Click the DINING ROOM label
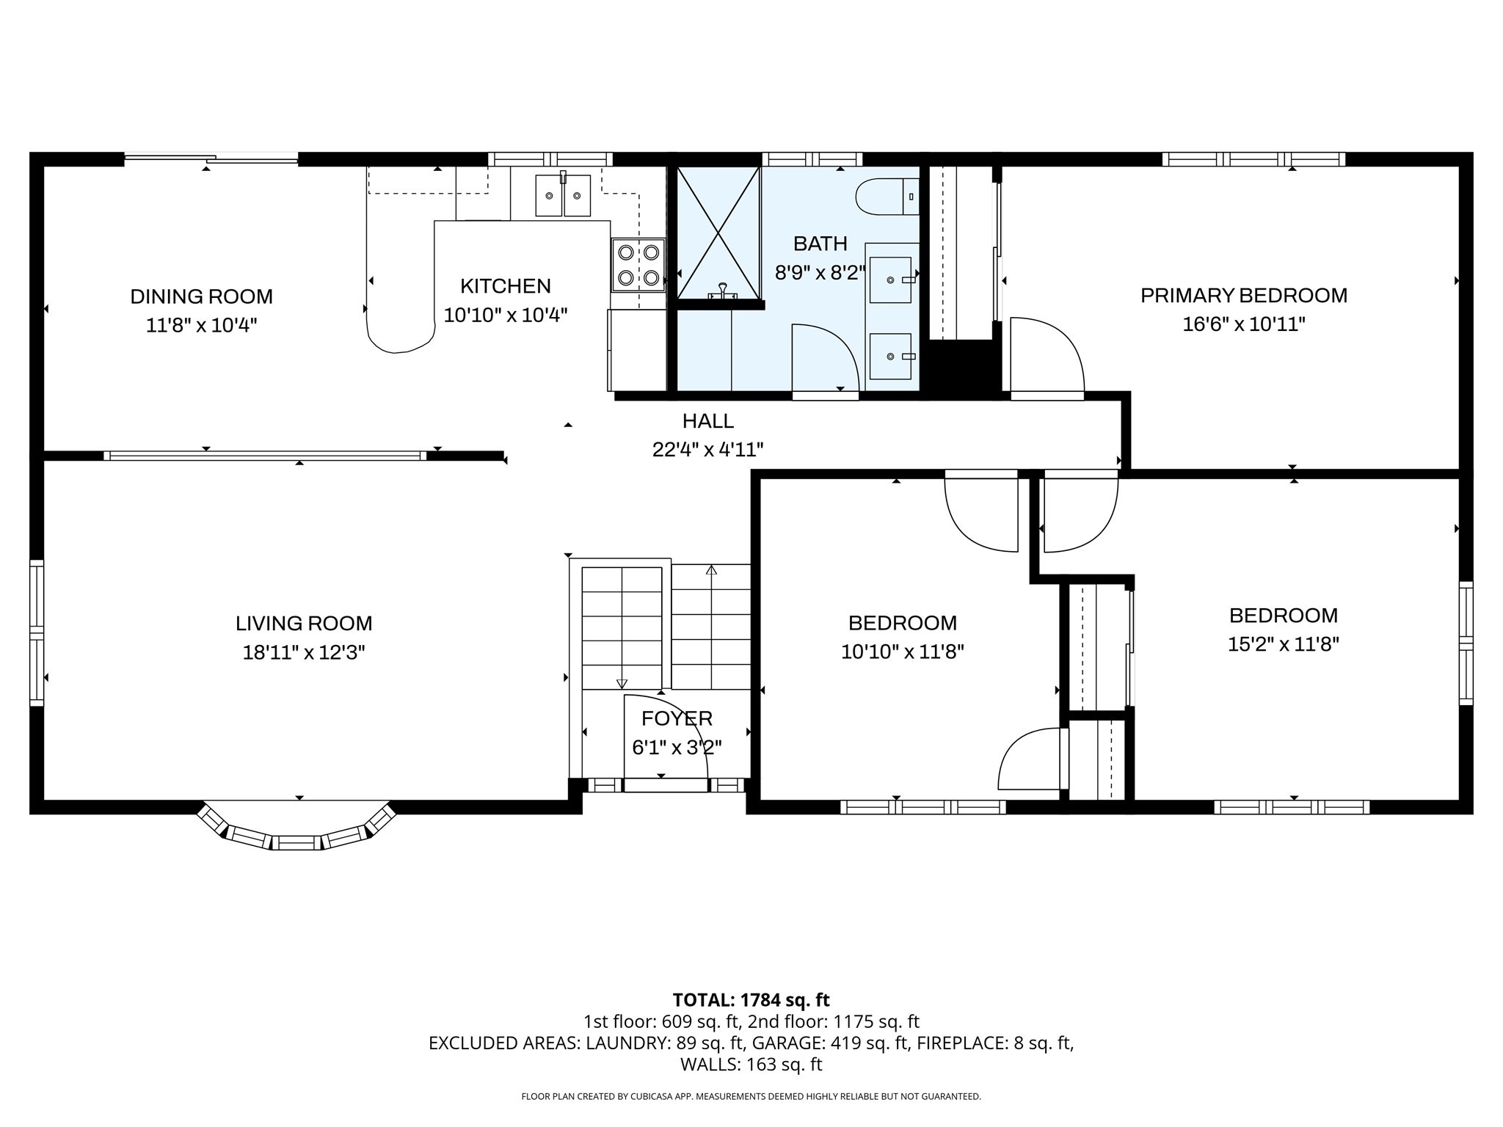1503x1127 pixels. click(x=201, y=296)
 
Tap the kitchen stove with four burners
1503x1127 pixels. click(x=638, y=265)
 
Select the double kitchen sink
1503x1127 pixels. click(x=563, y=196)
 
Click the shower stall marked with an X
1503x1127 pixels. click(x=718, y=233)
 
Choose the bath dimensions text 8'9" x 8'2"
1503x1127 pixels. click(x=820, y=273)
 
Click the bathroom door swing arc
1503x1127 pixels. click(x=824, y=357)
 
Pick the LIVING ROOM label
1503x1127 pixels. click(x=304, y=624)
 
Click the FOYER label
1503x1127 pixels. click(x=677, y=718)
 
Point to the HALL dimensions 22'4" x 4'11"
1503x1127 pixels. click(x=707, y=449)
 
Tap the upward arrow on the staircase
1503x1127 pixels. click(x=711, y=570)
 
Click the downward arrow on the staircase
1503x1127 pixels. click(x=622, y=682)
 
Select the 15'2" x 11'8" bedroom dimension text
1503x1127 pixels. click(x=1284, y=644)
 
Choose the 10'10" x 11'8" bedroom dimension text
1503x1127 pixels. click(x=902, y=652)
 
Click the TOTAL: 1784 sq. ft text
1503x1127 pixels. click(x=751, y=1000)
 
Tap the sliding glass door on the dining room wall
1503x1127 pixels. click(x=211, y=158)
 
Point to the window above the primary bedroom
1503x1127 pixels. click(x=1253, y=159)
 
